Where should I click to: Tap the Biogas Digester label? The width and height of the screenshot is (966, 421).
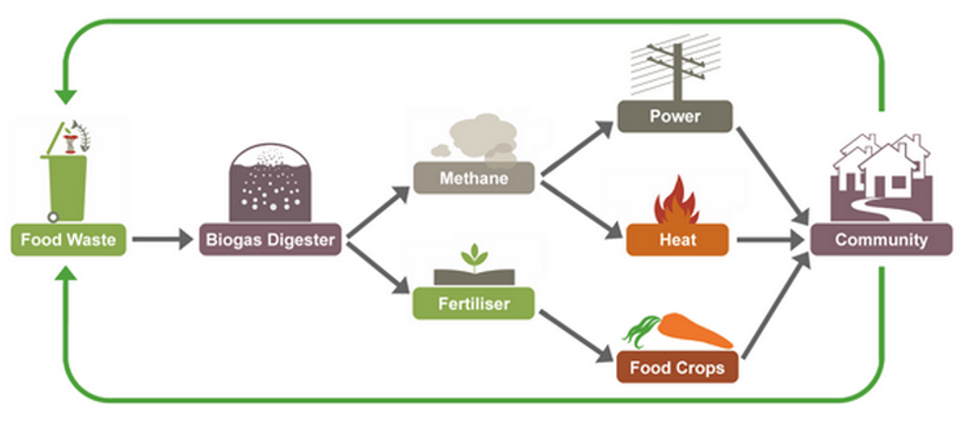tap(270, 240)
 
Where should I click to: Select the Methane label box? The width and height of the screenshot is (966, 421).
tap(475, 178)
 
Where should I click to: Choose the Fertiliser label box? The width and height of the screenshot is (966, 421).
tap(474, 304)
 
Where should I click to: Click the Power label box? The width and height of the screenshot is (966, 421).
tap(674, 116)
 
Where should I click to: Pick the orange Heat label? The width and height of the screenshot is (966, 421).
tap(676, 240)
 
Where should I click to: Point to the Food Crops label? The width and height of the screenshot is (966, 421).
tap(676, 369)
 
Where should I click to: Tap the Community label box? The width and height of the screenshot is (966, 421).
tap(880, 240)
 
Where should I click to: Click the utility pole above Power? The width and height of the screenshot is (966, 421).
tap(674, 64)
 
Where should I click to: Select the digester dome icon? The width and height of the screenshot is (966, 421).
tap(270, 186)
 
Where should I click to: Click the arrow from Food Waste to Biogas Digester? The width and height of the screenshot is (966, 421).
tap(163, 240)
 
